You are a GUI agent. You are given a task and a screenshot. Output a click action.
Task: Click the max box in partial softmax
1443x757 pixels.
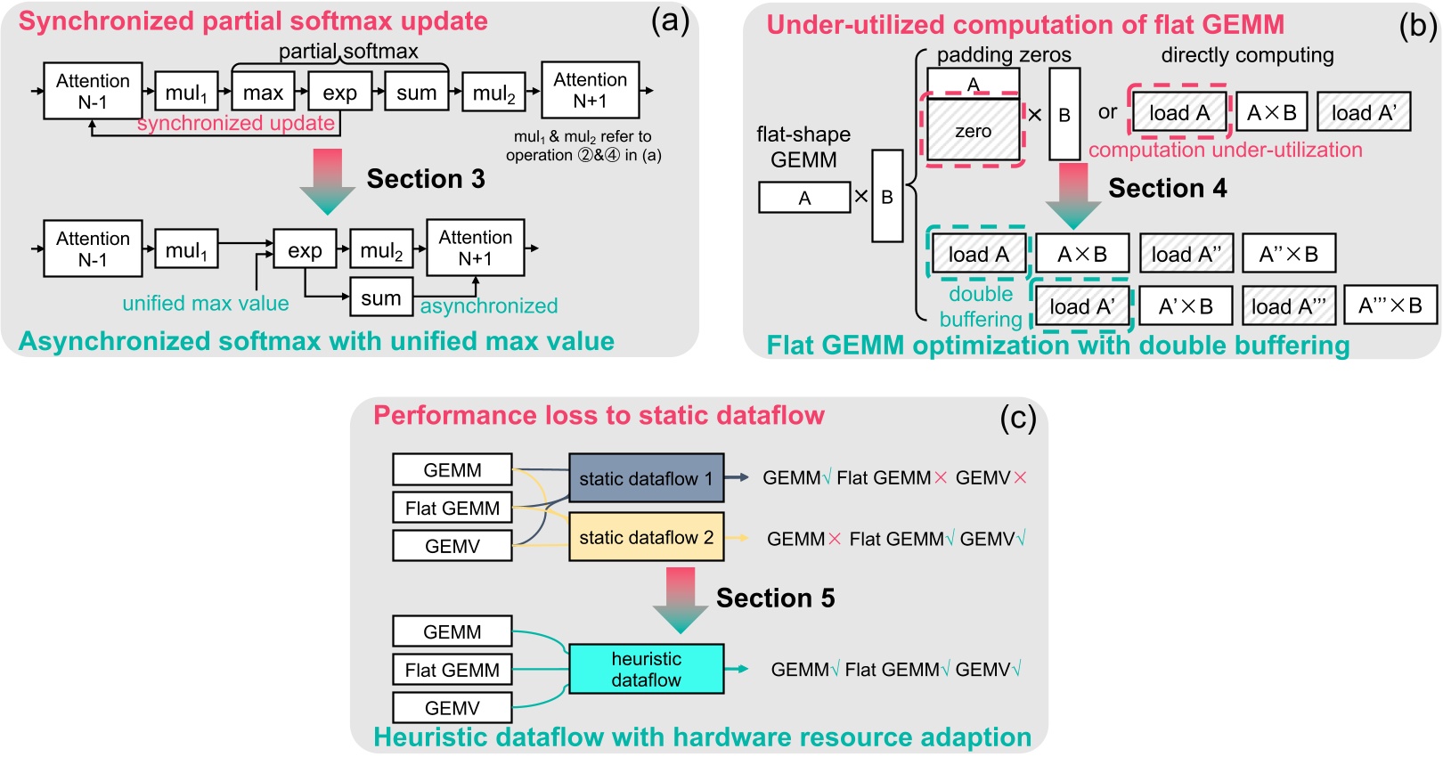tap(263, 93)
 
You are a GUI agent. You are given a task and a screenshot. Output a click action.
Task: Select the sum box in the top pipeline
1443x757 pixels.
tap(416, 93)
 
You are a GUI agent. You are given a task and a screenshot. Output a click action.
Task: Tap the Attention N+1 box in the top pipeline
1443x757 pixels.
tap(590, 90)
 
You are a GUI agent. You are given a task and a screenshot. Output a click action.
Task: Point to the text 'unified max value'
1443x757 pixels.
tap(206, 304)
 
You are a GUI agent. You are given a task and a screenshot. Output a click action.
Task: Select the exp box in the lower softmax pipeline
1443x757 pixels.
tap(305, 250)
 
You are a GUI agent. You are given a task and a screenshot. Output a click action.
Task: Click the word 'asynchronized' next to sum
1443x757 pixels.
tap(489, 306)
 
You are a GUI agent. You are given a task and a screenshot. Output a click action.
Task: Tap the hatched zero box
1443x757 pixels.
tap(973, 131)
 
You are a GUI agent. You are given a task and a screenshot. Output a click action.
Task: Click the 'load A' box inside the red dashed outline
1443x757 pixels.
tap(1179, 113)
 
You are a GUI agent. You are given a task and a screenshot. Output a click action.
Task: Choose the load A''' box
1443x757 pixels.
tap(1288, 306)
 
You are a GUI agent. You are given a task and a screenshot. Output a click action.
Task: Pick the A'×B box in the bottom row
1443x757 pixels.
tap(1186, 306)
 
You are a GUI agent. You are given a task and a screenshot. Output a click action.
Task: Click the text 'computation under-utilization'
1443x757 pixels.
tap(1225, 150)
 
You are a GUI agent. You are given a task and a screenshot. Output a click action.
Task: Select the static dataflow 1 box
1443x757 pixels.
tap(646, 478)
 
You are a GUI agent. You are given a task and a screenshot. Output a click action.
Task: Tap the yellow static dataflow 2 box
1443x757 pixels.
tap(646, 537)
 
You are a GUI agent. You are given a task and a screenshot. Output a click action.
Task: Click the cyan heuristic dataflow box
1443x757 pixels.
tap(646, 669)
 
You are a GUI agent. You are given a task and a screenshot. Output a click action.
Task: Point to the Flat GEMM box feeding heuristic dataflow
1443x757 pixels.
tap(452, 670)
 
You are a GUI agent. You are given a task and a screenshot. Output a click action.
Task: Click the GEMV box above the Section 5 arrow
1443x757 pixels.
tap(452, 546)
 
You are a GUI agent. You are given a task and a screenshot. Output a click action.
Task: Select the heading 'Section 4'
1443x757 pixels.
tap(1167, 189)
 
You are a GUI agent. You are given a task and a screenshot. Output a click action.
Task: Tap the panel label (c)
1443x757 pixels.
tap(1017, 418)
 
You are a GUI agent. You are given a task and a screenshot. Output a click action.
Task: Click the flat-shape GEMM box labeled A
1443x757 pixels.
tap(804, 198)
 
